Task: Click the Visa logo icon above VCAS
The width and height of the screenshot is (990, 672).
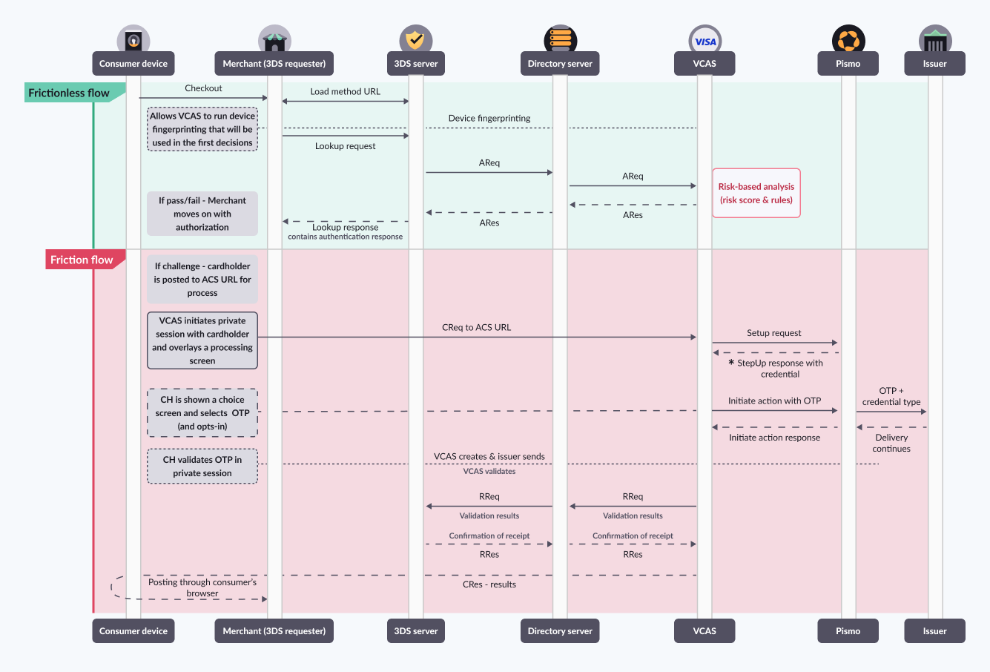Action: (704, 41)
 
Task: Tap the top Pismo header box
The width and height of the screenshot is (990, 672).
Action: (848, 64)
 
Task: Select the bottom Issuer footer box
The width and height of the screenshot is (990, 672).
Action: (934, 631)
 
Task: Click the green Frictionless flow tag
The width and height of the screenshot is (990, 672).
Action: (70, 93)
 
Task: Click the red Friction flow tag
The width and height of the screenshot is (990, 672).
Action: (82, 260)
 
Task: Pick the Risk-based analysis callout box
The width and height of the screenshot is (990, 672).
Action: (756, 193)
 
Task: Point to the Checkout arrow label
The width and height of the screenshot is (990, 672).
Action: (203, 88)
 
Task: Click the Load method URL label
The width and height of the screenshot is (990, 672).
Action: (345, 91)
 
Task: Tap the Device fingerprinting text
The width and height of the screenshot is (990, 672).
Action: (489, 118)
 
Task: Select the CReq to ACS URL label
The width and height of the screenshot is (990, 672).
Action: (476, 327)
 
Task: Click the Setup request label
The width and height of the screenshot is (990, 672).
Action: (773, 333)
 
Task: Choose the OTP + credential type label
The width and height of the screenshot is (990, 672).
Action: (891, 396)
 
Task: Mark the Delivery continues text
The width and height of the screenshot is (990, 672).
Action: (891, 443)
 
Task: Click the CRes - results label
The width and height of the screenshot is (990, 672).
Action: (489, 584)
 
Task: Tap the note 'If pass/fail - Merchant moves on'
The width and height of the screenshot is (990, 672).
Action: (202, 214)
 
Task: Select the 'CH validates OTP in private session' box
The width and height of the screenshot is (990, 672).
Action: (202, 467)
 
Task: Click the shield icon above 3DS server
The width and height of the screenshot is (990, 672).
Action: (416, 40)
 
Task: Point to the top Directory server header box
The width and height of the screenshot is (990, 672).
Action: (560, 64)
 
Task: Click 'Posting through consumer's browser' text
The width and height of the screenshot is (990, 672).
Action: (202, 587)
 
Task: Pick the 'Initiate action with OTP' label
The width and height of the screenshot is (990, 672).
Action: (774, 401)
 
